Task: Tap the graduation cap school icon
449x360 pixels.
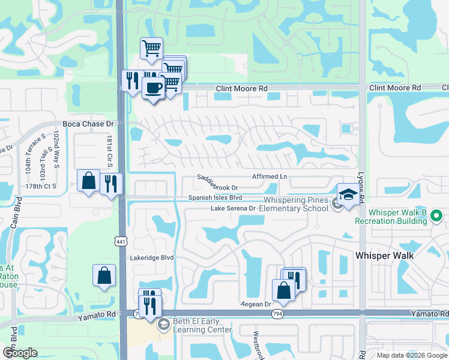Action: point(348,194)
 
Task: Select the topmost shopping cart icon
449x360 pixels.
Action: point(151,48)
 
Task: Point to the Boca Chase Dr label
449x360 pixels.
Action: point(88,124)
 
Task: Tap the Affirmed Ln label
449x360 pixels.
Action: point(270,177)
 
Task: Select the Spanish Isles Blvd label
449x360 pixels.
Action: point(215,197)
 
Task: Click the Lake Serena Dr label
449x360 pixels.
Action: point(233,208)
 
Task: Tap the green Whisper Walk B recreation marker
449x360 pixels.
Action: point(436,213)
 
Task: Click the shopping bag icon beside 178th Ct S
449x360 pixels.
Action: point(89,180)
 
